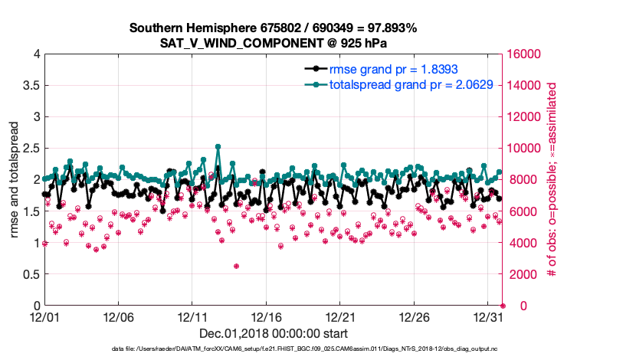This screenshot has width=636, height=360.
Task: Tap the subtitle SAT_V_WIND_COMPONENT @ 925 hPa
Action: tap(274, 43)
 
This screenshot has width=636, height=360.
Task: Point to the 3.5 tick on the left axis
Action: tap(31, 86)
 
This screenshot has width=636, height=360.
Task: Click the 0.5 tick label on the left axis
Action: tap(31, 274)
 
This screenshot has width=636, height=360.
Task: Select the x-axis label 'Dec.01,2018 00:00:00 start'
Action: tap(274, 333)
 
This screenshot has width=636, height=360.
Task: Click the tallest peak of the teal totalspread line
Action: tap(218, 146)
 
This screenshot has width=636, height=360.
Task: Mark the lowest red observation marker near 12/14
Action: tap(236, 266)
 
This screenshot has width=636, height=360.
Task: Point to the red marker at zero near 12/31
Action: tap(503, 306)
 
